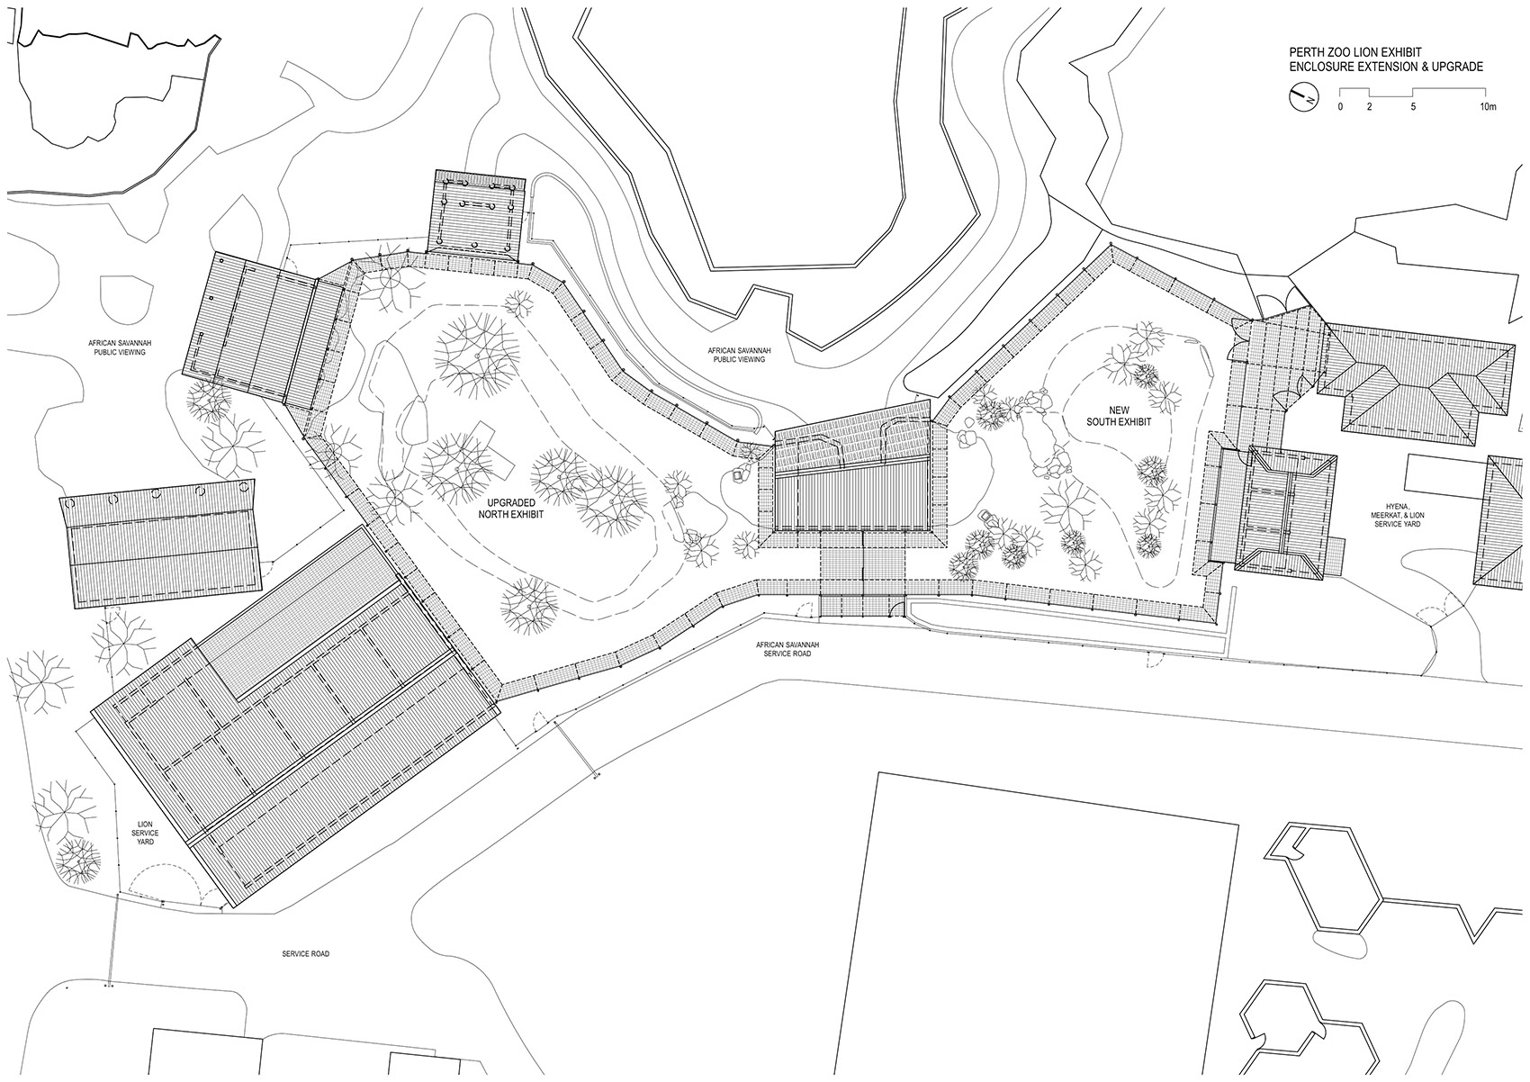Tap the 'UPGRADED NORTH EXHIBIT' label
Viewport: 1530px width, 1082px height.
[511, 509]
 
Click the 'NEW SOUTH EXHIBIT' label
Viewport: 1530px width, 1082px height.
[1119, 415]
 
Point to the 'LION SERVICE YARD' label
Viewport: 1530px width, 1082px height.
[145, 834]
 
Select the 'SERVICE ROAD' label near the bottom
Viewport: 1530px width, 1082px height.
[305, 953]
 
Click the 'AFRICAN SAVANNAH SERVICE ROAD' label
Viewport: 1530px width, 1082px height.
[787, 649]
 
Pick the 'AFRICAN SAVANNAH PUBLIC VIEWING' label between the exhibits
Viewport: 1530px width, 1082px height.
[739, 355]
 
